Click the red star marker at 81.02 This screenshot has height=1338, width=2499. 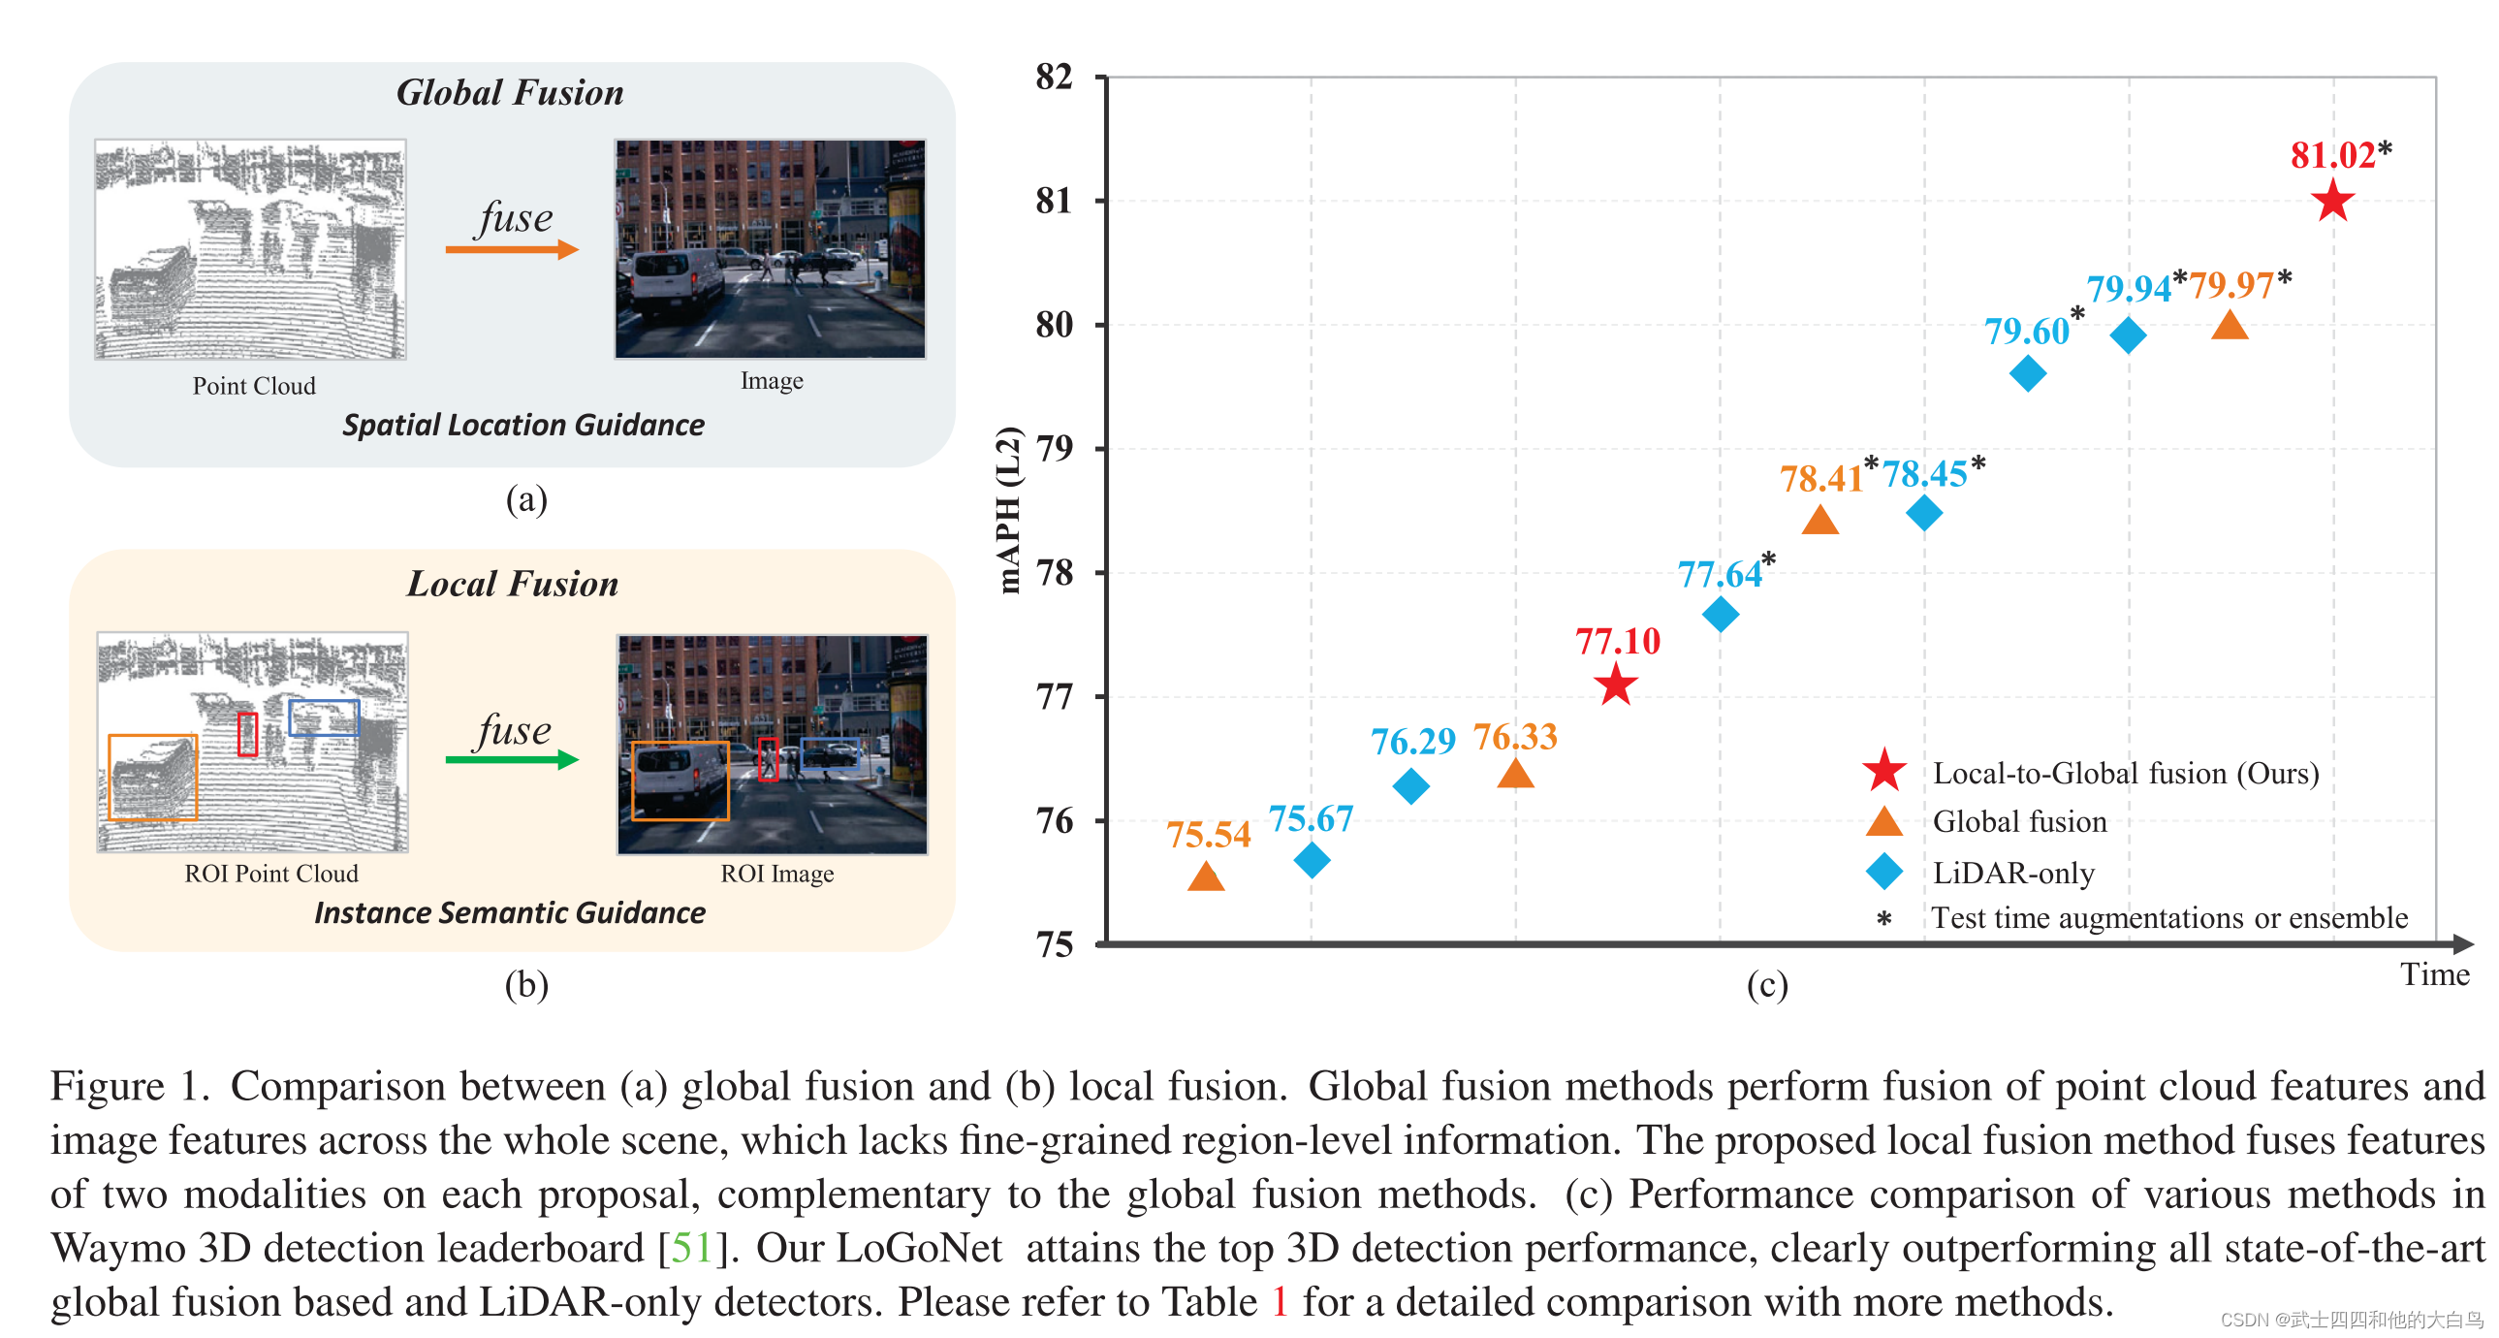[x=2332, y=202]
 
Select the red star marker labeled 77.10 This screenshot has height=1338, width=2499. [x=1616, y=686]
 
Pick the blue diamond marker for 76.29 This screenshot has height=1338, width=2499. [x=1410, y=786]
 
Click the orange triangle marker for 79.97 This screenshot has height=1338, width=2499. [x=2230, y=326]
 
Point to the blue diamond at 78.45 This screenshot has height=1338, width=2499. [x=1924, y=513]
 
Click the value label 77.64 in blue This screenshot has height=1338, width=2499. [x=1720, y=574]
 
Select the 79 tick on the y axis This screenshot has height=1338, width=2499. [x=1055, y=448]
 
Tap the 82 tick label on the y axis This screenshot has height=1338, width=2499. [x=1055, y=77]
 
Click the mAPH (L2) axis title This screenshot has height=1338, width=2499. [x=1009, y=509]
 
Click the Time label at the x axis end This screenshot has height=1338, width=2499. [x=2434, y=974]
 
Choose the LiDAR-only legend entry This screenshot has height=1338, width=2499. [x=2013, y=873]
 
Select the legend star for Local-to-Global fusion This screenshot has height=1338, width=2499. [x=1884, y=772]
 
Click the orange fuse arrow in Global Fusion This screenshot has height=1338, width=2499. [x=511, y=250]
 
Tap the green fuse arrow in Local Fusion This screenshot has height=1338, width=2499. [x=511, y=760]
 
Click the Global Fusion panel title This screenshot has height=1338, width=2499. [x=509, y=92]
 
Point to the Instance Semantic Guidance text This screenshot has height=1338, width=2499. [x=509, y=913]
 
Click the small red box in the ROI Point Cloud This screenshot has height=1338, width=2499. [x=247, y=735]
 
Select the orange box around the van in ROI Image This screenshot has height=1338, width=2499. [x=680, y=782]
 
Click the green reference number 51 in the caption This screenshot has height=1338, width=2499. [x=692, y=1248]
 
